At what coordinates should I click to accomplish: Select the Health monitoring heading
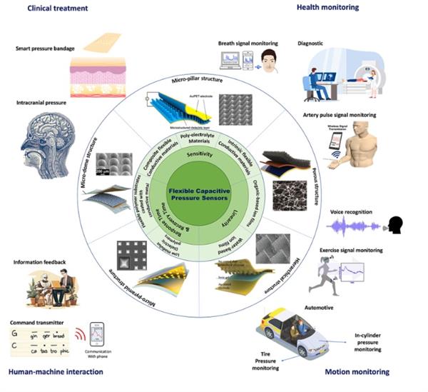coord(327,8)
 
